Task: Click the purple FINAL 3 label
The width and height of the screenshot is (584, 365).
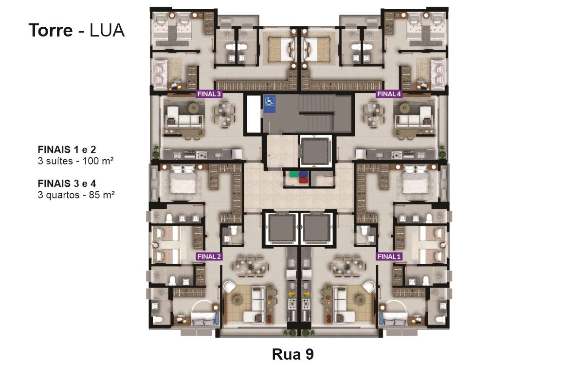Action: tap(209, 94)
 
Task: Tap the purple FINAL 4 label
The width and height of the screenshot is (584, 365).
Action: tap(389, 94)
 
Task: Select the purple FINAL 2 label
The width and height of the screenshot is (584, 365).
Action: tap(209, 256)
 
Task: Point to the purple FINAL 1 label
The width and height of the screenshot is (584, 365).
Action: tap(389, 256)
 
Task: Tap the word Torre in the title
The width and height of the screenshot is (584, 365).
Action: tap(51, 30)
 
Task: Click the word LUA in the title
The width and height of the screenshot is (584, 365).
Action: tap(107, 30)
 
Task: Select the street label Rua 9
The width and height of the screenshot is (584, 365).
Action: tap(293, 354)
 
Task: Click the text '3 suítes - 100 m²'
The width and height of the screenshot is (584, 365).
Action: tap(75, 161)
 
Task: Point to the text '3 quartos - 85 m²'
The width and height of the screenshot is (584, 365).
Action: tap(76, 195)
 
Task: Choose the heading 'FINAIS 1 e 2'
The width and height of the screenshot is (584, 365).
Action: tap(67, 150)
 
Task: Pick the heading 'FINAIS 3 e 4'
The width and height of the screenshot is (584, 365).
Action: tap(67, 183)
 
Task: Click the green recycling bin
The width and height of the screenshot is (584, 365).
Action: tap(294, 174)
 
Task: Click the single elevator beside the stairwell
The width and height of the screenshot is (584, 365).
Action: tap(315, 151)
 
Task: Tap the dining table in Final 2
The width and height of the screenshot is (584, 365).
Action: tap(250, 267)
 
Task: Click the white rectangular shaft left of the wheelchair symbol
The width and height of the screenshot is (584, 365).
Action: tap(254, 114)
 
